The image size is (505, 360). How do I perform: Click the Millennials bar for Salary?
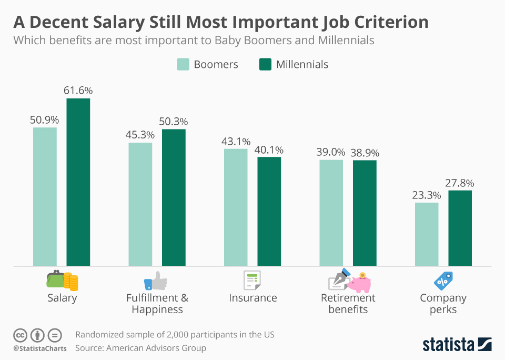(x=78, y=182)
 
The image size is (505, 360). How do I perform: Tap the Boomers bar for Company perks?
(x=427, y=234)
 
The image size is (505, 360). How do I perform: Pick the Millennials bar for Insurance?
(x=269, y=211)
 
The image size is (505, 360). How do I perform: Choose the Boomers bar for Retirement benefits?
(x=331, y=213)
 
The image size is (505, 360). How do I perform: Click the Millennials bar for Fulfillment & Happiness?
(x=174, y=197)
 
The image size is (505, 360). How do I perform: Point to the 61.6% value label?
(x=78, y=91)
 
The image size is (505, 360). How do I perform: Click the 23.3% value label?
(x=427, y=195)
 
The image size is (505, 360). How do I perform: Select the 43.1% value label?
(x=236, y=141)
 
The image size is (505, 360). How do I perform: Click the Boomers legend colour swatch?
(x=183, y=64)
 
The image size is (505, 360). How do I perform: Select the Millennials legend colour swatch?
(x=266, y=64)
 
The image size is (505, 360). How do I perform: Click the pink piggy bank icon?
(x=360, y=283)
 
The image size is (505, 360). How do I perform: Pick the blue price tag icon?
(x=443, y=281)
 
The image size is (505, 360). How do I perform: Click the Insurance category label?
(x=253, y=298)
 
